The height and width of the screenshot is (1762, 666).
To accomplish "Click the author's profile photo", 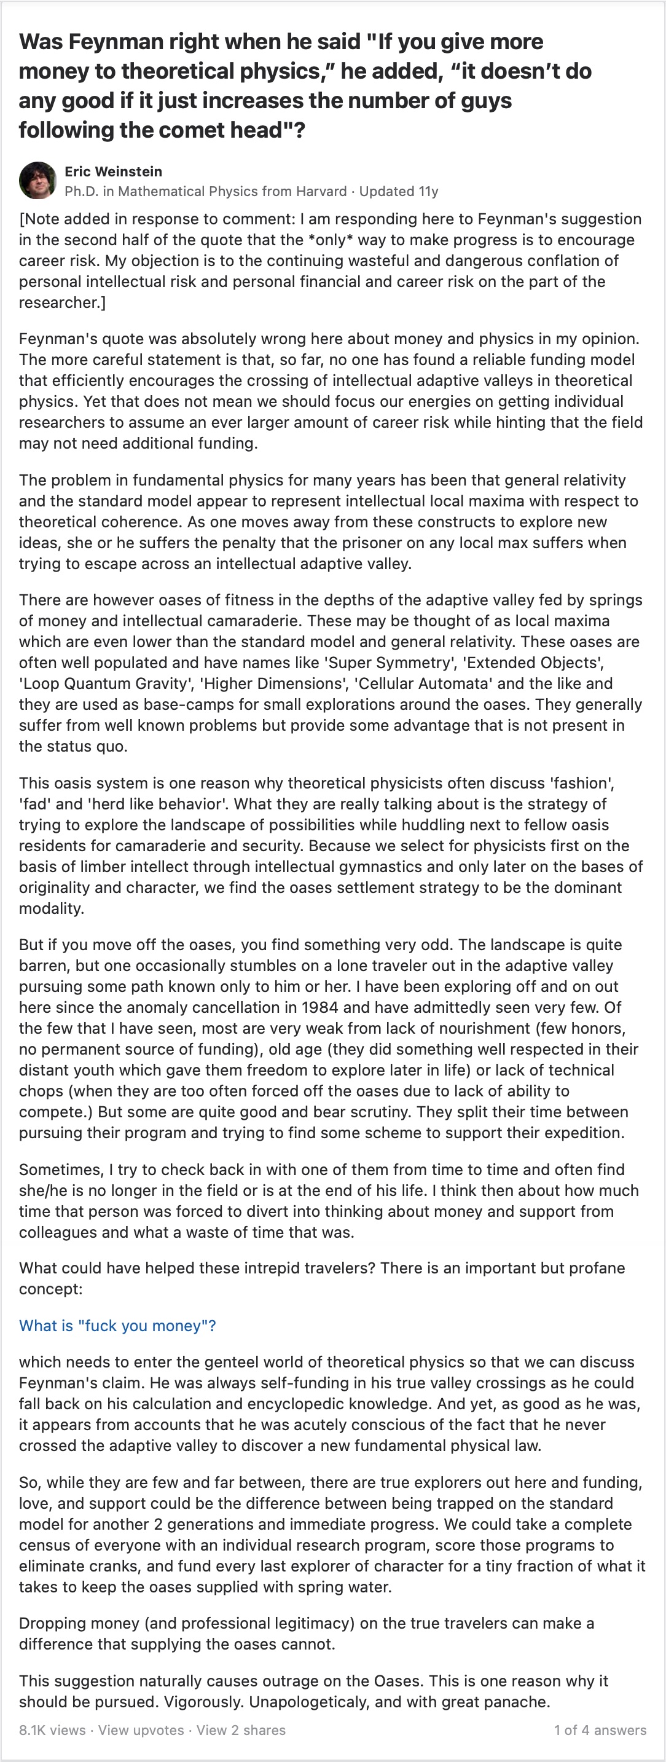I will coord(37,181).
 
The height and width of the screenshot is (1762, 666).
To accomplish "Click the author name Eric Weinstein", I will coord(113,171).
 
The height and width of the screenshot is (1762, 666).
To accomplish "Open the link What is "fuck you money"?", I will coord(117,1326).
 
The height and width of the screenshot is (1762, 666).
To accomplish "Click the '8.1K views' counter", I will coord(52,1730).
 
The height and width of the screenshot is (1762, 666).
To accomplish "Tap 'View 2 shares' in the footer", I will coord(241,1730).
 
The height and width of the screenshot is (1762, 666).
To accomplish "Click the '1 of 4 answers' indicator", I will coord(600,1730).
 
